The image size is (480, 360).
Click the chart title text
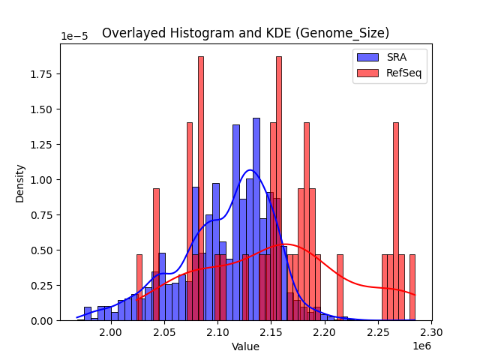click(245, 33)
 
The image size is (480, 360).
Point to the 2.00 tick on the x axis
click(111, 331)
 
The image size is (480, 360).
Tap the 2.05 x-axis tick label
click(164, 331)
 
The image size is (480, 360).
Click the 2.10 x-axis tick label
click(217, 331)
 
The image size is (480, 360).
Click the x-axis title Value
click(245, 346)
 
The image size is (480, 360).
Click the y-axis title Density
click(20, 183)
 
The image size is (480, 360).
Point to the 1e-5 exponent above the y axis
click(75, 37)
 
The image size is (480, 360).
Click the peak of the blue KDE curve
click(250, 170)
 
